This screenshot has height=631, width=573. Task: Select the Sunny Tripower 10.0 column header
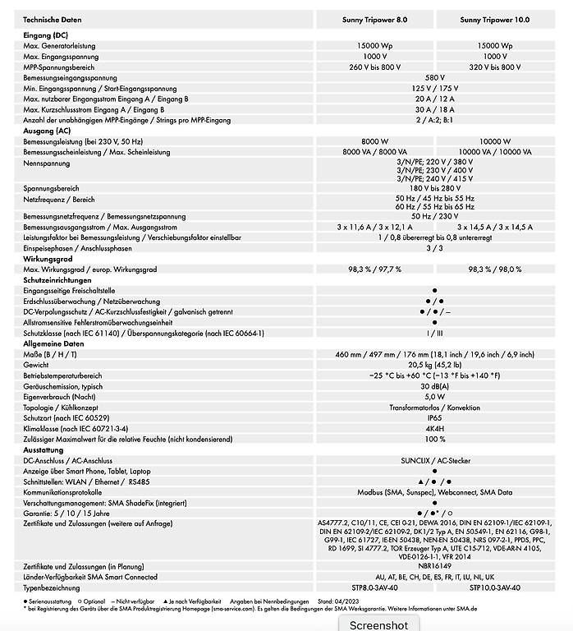495,18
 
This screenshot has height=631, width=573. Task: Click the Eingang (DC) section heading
46,35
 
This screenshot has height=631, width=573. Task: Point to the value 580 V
434,77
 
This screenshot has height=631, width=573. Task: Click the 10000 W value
495,141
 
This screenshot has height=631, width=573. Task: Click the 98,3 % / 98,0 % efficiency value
495,269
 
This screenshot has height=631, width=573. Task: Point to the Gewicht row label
37,364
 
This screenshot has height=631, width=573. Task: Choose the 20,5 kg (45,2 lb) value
434,364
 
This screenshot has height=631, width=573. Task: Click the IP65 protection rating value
434,417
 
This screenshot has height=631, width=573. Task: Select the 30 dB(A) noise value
434,385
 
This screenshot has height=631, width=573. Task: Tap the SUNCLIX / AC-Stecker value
434,460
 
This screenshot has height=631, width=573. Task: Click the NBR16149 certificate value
434,567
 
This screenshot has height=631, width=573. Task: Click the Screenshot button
378,624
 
